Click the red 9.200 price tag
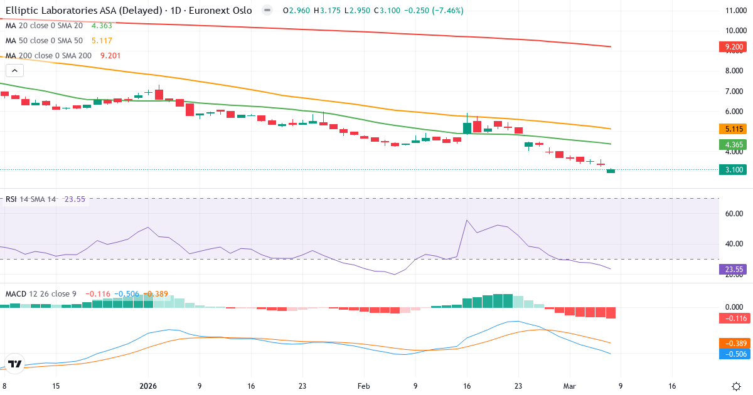coord(734,46)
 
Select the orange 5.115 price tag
coord(734,129)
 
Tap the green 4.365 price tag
coord(734,144)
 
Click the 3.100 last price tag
coord(734,170)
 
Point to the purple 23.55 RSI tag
coord(734,269)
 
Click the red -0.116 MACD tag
coord(734,319)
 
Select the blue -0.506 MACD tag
coord(734,354)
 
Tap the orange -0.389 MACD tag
coord(734,343)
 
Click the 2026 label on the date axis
coord(149,386)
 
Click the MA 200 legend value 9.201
coord(106,55)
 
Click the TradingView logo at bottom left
coord(16,364)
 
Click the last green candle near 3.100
coord(611,171)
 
